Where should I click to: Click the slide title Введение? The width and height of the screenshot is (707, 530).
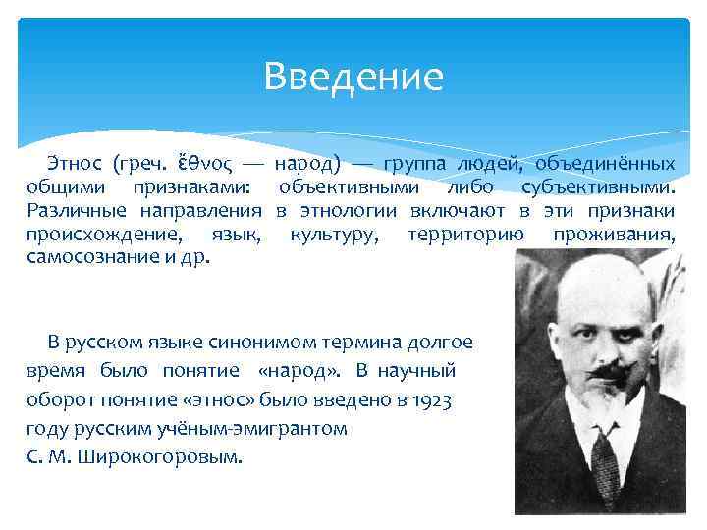coord(353,76)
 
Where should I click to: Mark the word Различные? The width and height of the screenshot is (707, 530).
coord(77,211)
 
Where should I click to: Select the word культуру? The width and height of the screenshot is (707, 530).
coord(334,236)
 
